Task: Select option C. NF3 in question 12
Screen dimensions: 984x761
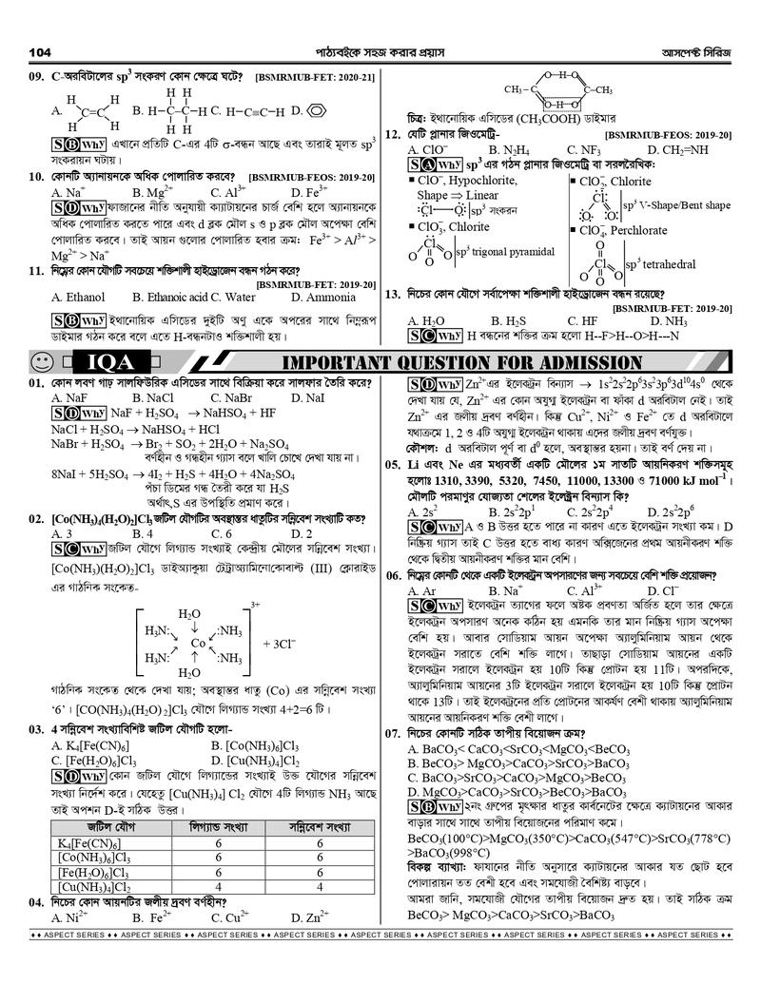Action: click(583, 150)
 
